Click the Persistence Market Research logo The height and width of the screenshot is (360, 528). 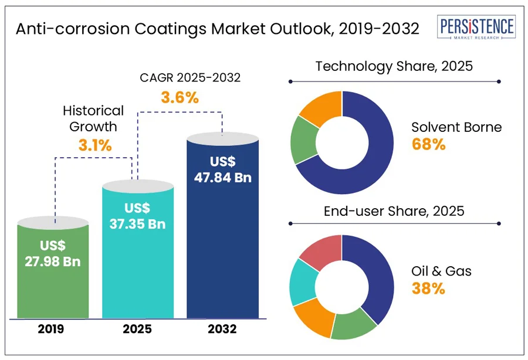(x=476, y=27)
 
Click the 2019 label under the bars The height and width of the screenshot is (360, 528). (x=53, y=330)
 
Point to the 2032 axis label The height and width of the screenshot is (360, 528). (x=222, y=330)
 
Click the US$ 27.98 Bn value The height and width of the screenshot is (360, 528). (x=53, y=253)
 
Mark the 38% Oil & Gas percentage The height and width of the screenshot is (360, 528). (x=428, y=288)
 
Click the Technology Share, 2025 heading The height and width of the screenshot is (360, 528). (x=394, y=66)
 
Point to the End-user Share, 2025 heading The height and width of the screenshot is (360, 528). (x=394, y=210)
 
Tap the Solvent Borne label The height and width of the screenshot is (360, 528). (x=456, y=127)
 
